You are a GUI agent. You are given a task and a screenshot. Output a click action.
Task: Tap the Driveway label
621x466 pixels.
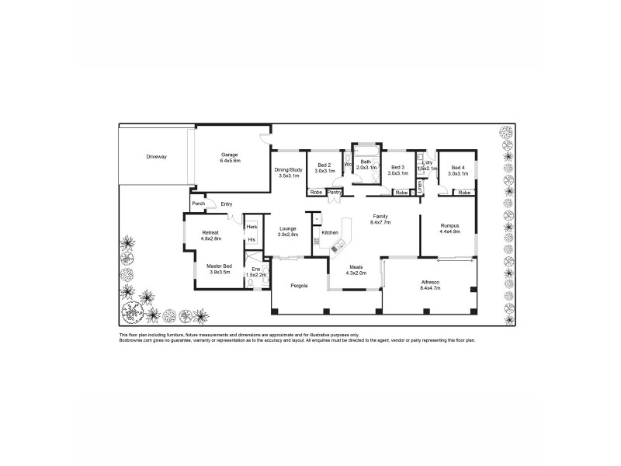(x=156, y=157)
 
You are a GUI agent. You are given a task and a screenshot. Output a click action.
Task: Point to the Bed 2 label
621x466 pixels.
(x=324, y=165)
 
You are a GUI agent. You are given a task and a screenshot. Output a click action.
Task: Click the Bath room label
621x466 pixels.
(x=366, y=162)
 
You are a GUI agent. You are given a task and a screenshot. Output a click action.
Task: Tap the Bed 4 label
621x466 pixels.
(x=458, y=167)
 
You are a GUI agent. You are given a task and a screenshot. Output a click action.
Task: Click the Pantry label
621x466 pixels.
(x=335, y=192)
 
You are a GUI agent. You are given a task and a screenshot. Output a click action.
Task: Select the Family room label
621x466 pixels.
(x=380, y=216)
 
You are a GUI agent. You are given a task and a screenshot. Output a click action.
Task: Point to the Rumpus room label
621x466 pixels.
(x=450, y=225)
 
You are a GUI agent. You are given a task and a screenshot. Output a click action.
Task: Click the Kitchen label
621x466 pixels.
(x=330, y=232)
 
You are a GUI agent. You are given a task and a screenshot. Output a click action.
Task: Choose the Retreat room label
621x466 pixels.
(x=211, y=233)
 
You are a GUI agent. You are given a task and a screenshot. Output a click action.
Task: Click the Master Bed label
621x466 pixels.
(x=220, y=266)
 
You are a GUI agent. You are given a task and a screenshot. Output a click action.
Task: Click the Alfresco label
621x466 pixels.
(x=430, y=282)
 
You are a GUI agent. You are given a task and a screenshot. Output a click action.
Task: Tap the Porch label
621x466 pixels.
(x=198, y=203)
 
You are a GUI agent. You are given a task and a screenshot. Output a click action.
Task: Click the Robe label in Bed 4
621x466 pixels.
(x=464, y=192)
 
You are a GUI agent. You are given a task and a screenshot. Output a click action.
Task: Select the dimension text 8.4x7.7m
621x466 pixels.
(x=380, y=222)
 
